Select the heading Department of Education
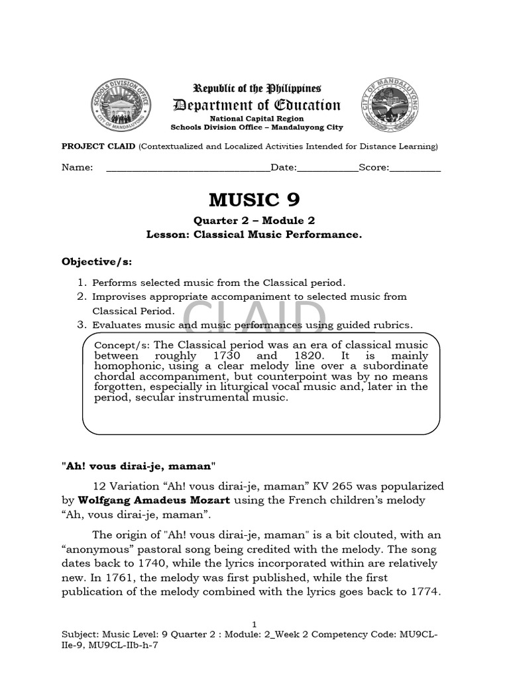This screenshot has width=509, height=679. click(x=256, y=105)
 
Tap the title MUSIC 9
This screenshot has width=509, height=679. click(x=254, y=200)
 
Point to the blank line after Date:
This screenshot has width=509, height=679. click(x=327, y=168)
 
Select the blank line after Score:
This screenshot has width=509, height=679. click(x=415, y=168)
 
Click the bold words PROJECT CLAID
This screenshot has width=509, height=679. click(x=98, y=146)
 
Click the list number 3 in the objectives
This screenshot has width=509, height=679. click(x=82, y=324)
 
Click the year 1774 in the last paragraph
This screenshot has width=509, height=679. click(x=424, y=591)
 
